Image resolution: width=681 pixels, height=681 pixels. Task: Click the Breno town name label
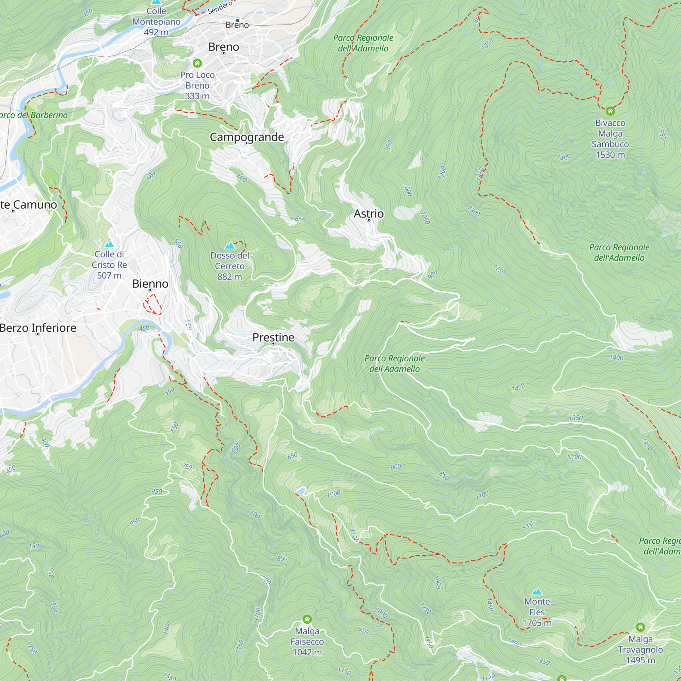[x=223, y=47]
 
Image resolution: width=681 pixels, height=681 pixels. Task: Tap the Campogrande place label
[x=247, y=137]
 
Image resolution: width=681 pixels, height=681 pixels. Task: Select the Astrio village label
[x=368, y=213]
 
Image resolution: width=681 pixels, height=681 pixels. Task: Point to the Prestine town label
[x=273, y=337]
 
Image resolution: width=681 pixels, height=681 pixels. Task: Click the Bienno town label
[x=150, y=284]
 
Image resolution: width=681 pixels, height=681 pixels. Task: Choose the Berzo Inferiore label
[x=38, y=328]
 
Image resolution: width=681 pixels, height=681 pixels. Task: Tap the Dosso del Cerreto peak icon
[x=230, y=245]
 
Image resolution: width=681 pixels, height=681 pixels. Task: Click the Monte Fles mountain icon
[x=537, y=591]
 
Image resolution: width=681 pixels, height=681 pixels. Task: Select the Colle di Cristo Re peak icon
[x=109, y=244]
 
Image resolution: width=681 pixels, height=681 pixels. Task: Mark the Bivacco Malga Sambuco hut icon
[x=610, y=111]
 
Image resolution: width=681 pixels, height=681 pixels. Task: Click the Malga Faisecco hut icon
[x=307, y=619]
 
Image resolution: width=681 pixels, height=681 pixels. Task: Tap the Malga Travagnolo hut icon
[x=640, y=627]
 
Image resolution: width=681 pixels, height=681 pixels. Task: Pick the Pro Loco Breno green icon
[x=197, y=63]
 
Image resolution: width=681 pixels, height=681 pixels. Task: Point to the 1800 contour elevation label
[x=564, y=157]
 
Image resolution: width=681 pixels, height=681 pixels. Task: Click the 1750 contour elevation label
[x=662, y=133]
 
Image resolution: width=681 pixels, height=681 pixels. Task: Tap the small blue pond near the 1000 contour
[x=301, y=491]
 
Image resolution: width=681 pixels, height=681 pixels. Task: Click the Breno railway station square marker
[x=237, y=20]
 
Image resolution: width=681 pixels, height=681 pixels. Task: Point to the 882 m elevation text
[x=229, y=277]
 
